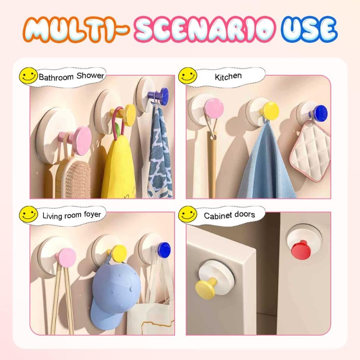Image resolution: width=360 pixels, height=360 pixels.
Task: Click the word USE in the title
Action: tap(310, 29)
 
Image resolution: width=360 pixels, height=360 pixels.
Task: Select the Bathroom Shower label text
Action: tap(72, 76)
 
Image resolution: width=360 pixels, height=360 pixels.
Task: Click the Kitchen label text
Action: tap(228, 76)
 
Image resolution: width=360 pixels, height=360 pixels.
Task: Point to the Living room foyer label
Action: tap(72, 215)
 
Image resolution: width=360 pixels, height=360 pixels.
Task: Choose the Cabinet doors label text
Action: tap(229, 215)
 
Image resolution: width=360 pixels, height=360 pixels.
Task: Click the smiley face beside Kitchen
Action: tap(188, 76)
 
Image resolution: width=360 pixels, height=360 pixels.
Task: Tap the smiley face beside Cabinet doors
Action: tap(188, 214)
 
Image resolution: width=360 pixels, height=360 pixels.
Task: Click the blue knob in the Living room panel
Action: tap(164, 250)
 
